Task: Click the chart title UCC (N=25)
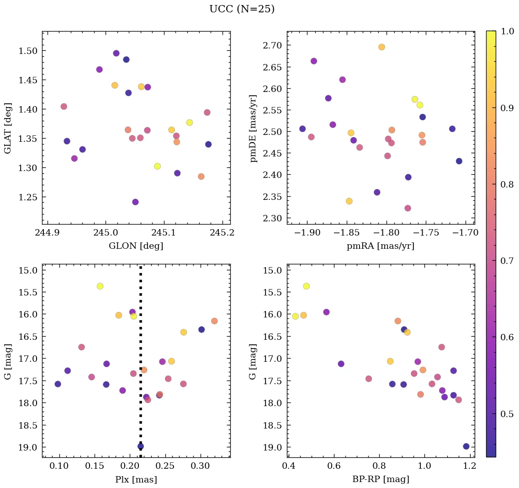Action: tap(242, 10)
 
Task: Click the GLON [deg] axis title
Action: tap(136, 246)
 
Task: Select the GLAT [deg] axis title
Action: tap(8, 128)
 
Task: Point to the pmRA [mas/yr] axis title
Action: tap(381, 246)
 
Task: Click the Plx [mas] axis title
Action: tap(136, 479)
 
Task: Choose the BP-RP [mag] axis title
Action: tap(381, 479)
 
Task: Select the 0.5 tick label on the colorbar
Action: tap(507, 414)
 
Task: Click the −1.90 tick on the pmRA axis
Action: tap(308, 233)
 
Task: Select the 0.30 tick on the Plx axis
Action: tap(200, 466)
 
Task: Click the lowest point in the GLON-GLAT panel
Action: tap(135, 202)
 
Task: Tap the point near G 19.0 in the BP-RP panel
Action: tap(466, 446)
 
